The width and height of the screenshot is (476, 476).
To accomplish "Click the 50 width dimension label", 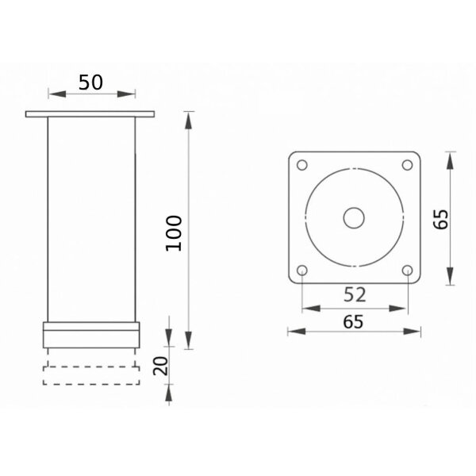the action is click(x=90, y=83).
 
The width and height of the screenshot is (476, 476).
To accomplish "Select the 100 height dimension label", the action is click(x=174, y=233).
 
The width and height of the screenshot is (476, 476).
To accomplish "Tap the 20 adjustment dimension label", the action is click(x=160, y=366).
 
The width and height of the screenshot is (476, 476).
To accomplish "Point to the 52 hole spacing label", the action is click(x=355, y=294).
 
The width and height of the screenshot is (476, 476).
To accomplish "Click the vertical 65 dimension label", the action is click(x=440, y=219).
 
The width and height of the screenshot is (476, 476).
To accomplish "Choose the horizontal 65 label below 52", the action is click(x=353, y=322).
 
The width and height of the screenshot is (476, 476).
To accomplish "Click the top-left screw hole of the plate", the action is click(x=301, y=165).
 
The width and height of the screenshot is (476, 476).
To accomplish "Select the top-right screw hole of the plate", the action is click(x=407, y=165).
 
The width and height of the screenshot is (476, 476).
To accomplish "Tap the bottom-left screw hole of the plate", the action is click(x=301, y=270).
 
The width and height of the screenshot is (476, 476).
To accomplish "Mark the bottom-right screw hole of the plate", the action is click(x=407, y=270).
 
